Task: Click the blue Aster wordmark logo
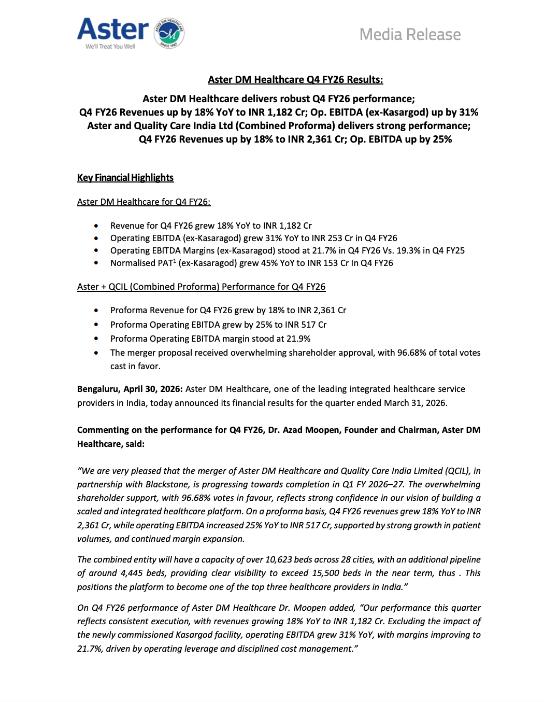click(112, 30)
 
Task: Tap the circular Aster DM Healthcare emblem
click(169, 33)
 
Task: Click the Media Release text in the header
click(410, 35)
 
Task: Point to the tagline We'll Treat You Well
click(110, 47)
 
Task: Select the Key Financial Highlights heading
click(125, 178)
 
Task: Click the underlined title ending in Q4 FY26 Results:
click(295, 80)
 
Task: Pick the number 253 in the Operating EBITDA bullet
click(335, 238)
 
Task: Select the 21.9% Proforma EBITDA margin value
click(298, 339)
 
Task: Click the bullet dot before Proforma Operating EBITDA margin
click(96, 339)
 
